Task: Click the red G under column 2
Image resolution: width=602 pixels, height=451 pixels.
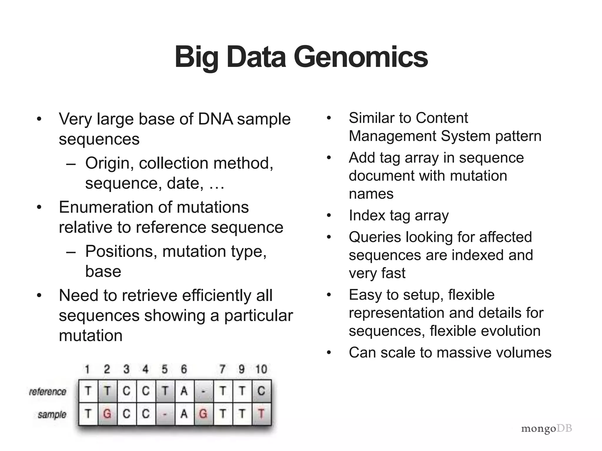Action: (x=107, y=414)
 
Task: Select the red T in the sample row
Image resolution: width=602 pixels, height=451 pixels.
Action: (x=261, y=414)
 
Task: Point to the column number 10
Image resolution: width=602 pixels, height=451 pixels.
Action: (x=261, y=369)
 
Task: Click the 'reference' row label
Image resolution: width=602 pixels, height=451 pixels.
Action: (x=48, y=391)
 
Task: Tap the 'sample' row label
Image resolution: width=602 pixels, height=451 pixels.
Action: (x=52, y=415)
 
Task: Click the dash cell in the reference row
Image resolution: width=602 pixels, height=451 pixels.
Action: (x=203, y=391)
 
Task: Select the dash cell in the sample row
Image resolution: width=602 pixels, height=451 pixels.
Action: (x=165, y=414)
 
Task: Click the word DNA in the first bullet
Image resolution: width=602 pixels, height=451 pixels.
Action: (x=215, y=119)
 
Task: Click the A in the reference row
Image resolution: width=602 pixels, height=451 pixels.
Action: (x=184, y=391)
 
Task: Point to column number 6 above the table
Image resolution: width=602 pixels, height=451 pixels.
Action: (x=184, y=369)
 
